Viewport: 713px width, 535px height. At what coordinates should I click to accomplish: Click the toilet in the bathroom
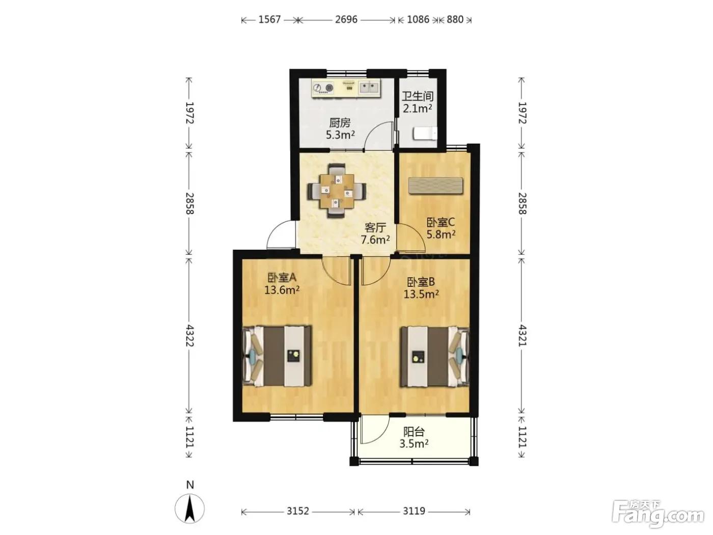[x=425, y=133]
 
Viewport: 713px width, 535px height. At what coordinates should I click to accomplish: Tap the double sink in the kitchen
[x=369, y=87]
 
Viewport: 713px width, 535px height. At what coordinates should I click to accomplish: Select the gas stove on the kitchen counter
[x=323, y=88]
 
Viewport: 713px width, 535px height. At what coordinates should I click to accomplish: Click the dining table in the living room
[x=337, y=191]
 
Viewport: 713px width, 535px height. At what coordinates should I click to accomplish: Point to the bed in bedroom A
[x=277, y=356]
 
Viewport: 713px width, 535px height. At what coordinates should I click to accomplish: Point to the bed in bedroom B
[x=434, y=356]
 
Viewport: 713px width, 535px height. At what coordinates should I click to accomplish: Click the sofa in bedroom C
[x=435, y=185]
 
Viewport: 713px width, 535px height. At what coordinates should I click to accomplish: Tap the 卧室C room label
[x=441, y=223]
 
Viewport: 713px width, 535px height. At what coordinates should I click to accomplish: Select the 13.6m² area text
[x=282, y=290]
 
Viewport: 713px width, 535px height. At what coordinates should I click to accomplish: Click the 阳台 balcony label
[x=414, y=432]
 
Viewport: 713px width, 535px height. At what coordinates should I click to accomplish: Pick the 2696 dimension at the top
[x=346, y=19]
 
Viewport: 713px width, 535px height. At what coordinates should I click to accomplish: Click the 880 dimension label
[x=455, y=19]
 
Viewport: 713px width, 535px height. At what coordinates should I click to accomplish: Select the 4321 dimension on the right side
[x=522, y=335]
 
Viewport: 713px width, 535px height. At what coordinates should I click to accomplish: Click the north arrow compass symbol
[x=189, y=509]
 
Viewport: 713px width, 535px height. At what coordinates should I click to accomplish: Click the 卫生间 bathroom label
[x=418, y=96]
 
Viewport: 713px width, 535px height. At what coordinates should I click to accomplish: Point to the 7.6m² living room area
[x=375, y=239]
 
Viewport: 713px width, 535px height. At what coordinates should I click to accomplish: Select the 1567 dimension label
[x=269, y=19]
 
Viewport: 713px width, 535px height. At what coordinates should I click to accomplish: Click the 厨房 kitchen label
[x=340, y=123]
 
